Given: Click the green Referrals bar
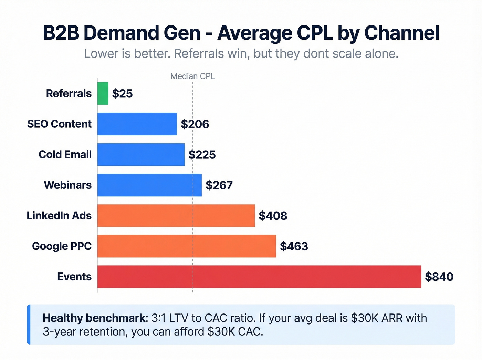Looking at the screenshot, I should click(103, 93).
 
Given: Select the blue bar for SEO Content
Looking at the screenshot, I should click(137, 124).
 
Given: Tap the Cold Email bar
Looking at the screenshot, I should click(141, 155).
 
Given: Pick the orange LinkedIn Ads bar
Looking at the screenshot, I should click(176, 216).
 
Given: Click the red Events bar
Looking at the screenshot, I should click(259, 277).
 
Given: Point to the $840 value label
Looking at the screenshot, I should click(439, 277).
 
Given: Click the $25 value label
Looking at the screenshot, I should click(122, 94).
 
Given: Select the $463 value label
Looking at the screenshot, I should click(294, 246).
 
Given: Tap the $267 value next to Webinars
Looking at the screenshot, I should click(219, 185).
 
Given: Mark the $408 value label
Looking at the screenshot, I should click(273, 216).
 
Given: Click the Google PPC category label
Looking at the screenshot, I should click(62, 246).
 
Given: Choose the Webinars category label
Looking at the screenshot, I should click(67, 185).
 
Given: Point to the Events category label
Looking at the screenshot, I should click(74, 277).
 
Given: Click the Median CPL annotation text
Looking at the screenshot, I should click(192, 76).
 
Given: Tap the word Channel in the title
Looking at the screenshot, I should click(401, 33).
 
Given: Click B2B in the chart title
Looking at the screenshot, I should click(61, 33).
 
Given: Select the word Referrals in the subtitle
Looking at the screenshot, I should click(199, 54).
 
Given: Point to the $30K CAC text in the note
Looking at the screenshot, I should click(235, 331).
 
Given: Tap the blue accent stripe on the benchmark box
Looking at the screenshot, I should click(29, 325).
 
